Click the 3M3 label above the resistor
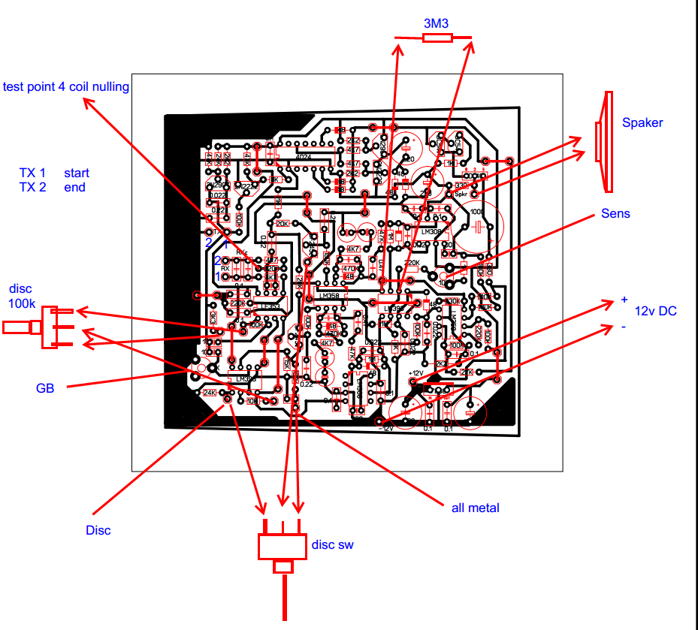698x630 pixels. coord(436,23)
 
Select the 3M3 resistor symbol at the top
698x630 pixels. coord(436,37)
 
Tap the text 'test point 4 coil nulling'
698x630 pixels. coord(66,86)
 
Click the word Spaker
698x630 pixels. coord(642,122)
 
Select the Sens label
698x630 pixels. coord(615,214)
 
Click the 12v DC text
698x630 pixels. coord(656,311)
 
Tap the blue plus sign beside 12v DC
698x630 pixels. coord(624,300)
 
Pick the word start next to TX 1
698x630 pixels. coord(77,173)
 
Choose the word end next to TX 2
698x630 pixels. coord(74,187)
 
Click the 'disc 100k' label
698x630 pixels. coord(22,296)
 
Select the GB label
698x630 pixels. coord(45,388)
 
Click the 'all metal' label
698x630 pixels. coord(475,508)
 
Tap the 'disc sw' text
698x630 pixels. coord(332,544)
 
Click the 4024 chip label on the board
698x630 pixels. coord(304,157)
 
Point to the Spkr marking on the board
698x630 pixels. coord(460,194)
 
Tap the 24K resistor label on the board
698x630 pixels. coord(210,392)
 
